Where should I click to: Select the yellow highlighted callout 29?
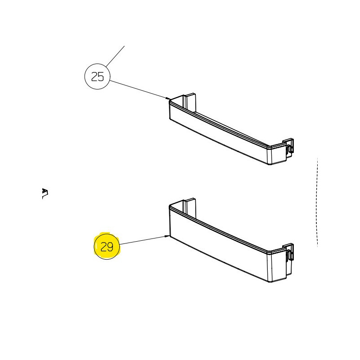click(107, 246)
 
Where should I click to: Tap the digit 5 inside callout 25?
click(101, 76)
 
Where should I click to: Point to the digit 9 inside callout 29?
click(110, 247)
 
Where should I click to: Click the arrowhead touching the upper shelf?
click(168, 99)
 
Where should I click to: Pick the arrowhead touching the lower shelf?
click(167, 236)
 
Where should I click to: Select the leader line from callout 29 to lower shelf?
click(144, 240)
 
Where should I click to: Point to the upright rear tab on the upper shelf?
click(190, 102)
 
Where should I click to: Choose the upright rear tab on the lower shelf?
click(190, 207)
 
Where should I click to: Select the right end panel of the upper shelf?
click(278, 154)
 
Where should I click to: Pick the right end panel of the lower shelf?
click(278, 266)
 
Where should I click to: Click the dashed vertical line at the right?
click(317, 202)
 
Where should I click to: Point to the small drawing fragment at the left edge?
click(45, 193)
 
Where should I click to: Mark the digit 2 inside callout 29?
click(104, 247)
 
